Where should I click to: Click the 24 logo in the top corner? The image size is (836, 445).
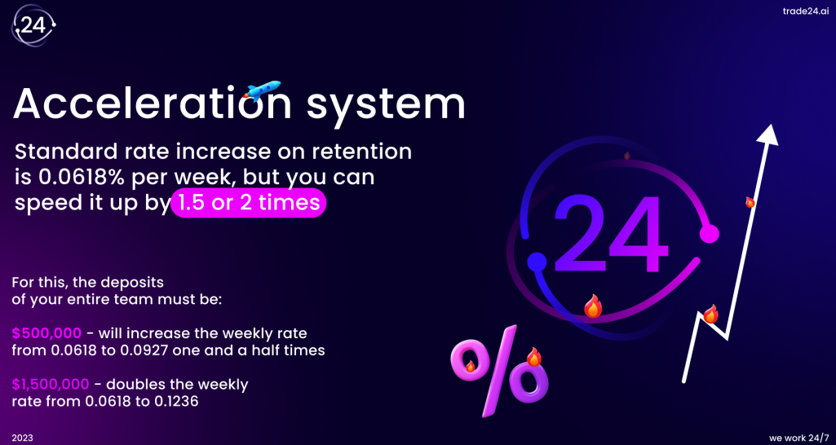tap(34, 25)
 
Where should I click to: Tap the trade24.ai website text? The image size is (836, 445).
tap(805, 11)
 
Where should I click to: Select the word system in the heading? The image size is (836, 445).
tap(386, 105)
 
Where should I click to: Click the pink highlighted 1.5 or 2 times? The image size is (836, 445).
tap(248, 203)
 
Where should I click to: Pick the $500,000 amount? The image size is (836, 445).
tap(47, 334)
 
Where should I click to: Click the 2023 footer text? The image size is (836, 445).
tap(22, 438)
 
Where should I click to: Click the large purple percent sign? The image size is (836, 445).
tap(500, 370)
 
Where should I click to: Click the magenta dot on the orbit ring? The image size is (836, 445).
tap(709, 233)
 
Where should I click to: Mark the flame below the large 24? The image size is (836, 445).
tap(592, 306)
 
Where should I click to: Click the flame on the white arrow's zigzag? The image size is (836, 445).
tap(710, 315)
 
